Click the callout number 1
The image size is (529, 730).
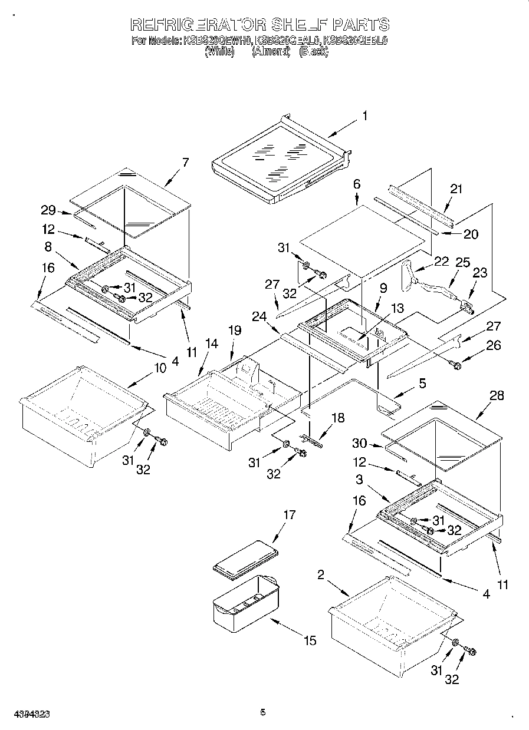[x=364, y=116]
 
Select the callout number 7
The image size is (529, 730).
[x=186, y=163]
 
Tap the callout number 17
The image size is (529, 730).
[x=289, y=514]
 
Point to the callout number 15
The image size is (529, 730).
[x=310, y=640]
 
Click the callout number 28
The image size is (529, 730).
[x=497, y=395]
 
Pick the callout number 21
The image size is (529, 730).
[x=456, y=189]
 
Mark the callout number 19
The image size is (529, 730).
[x=235, y=331]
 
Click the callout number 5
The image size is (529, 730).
[x=422, y=383]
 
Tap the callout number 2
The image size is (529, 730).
[x=321, y=575]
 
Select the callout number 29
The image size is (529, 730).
[x=49, y=210]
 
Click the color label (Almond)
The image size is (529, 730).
[x=271, y=52]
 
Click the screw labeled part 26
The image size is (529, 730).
[x=455, y=365]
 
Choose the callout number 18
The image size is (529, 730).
[x=337, y=418]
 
